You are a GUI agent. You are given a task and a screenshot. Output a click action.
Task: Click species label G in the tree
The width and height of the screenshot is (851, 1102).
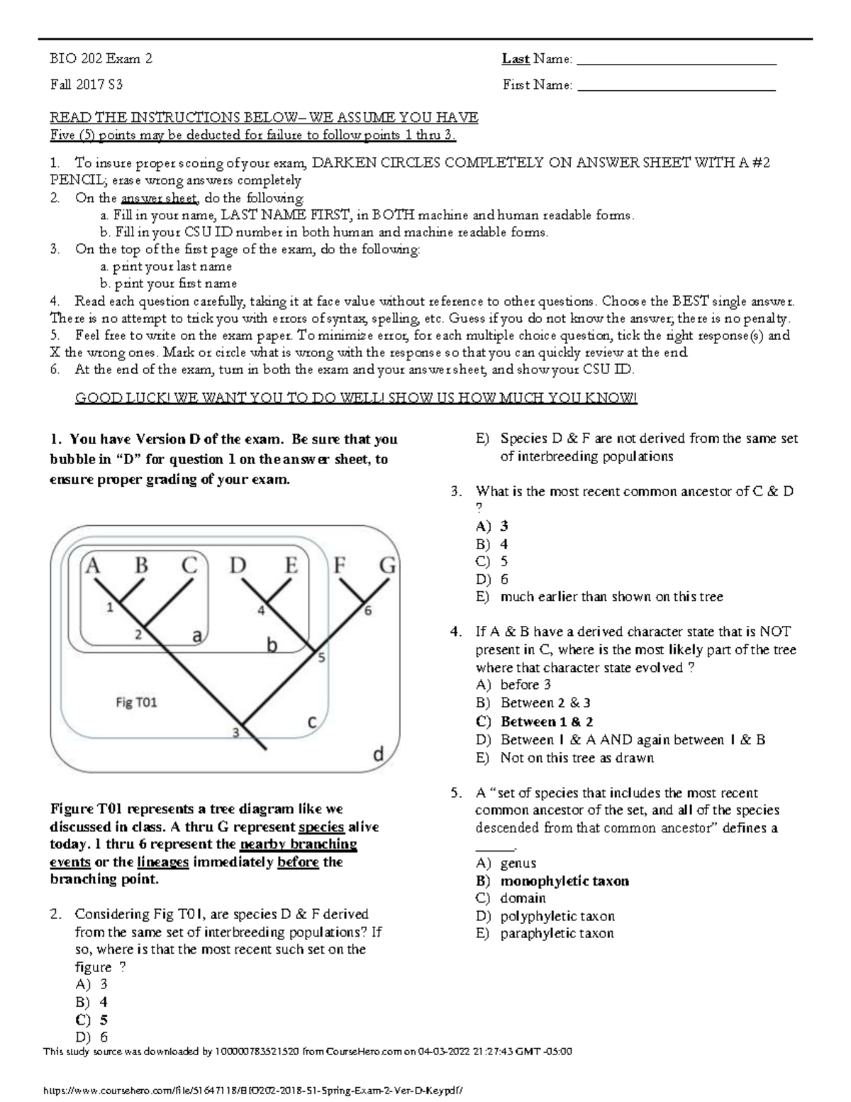pyautogui.click(x=388, y=566)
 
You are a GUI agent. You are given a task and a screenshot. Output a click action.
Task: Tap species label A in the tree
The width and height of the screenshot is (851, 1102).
pyautogui.click(x=93, y=566)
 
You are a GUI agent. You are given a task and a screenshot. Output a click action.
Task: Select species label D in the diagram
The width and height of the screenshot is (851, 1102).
pyautogui.click(x=238, y=566)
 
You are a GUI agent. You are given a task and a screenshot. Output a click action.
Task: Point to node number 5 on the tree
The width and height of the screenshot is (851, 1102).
pyautogui.click(x=321, y=658)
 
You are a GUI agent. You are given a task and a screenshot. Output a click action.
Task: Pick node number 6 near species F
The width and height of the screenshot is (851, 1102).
pyautogui.click(x=367, y=610)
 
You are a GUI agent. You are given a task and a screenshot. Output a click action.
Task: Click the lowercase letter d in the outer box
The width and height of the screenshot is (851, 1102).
pyautogui.click(x=379, y=754)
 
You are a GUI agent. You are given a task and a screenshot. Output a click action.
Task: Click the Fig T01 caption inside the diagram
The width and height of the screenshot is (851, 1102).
pyautogui.click(x=136, y=702)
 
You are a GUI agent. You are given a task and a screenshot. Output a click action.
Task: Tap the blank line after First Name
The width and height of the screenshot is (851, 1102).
pyautogui.click(x=677, y=89)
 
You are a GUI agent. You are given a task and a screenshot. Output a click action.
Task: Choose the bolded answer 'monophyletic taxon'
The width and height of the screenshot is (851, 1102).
pyautogui.click(x=564, y=881)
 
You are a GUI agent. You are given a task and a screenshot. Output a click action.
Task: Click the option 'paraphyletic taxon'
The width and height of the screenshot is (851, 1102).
pyautogui.click(x=557, y=933)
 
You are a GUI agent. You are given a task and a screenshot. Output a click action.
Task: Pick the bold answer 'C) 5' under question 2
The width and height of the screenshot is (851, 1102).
pyautogui.click(x=91, y=1020)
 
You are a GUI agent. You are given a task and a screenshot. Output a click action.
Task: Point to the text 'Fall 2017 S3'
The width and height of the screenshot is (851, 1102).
pyautogui.click(x=86, y=84)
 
